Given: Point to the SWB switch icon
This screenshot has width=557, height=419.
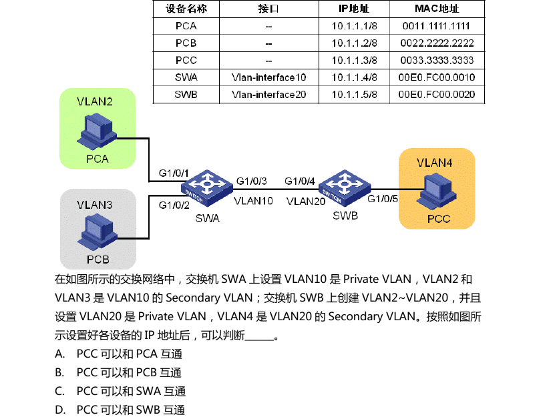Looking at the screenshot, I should click(x=343, y=187).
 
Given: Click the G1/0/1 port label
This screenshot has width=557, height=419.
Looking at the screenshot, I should click(x=174, y=173).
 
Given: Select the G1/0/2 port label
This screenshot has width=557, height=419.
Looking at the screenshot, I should click(x=174, y=205).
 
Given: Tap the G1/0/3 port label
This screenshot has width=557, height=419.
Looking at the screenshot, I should click(x=252, y=181).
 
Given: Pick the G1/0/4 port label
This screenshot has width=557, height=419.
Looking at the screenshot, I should click(x=300, y=181).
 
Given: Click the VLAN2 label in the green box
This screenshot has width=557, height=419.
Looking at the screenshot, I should click(x=95, y=102).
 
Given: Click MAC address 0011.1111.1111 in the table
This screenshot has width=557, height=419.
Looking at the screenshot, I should click(x=436, y=27).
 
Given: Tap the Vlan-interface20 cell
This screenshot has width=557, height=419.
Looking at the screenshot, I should click(x=268, y=95).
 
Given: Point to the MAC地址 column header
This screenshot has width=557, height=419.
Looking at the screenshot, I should click(x=436, y=9).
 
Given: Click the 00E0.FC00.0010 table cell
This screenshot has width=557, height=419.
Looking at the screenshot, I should click(x=436, y=77).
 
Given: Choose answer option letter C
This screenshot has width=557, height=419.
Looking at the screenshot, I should click(x=60, y=391).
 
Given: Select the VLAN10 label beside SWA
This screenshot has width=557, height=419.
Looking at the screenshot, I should click(x=253, y=200).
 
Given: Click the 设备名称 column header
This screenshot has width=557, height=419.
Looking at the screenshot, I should click(x=186, y=9).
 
